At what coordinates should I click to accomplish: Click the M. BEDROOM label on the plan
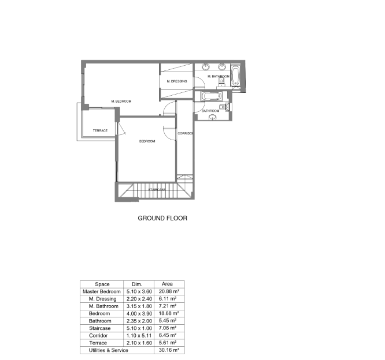tap(121, 102)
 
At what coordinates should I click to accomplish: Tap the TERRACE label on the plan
tap(100, 131)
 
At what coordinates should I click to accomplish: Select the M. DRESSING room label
tap(177, 81)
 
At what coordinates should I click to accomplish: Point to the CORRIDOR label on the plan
tap(185, 134)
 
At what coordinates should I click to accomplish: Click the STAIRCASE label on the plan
tap(157, 189)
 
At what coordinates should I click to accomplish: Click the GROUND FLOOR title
tap(162, 218)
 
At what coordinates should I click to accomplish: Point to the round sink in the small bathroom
tap(212, 118)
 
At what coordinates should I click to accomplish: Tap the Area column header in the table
tap(168, 284)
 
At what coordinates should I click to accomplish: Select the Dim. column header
tap(137, 284)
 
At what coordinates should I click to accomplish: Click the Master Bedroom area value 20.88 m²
tap(168, 292)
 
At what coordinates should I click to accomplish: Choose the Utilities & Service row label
tap(108, 350)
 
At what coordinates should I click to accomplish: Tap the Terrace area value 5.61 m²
tap(168, 343)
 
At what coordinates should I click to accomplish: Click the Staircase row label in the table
tap(100, 328)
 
